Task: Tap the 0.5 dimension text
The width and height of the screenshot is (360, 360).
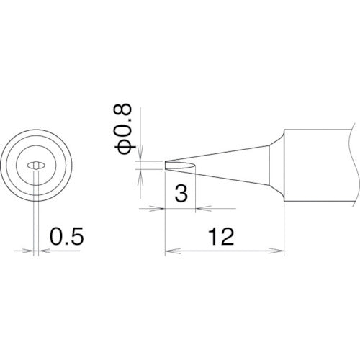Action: [x=63, y=235]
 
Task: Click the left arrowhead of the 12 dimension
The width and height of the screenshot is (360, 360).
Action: [x=169, y=251]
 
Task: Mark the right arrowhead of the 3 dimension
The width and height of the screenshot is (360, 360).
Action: [x=202, y=209]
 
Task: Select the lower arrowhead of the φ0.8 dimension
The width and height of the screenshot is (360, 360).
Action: [x=142, y=174]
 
